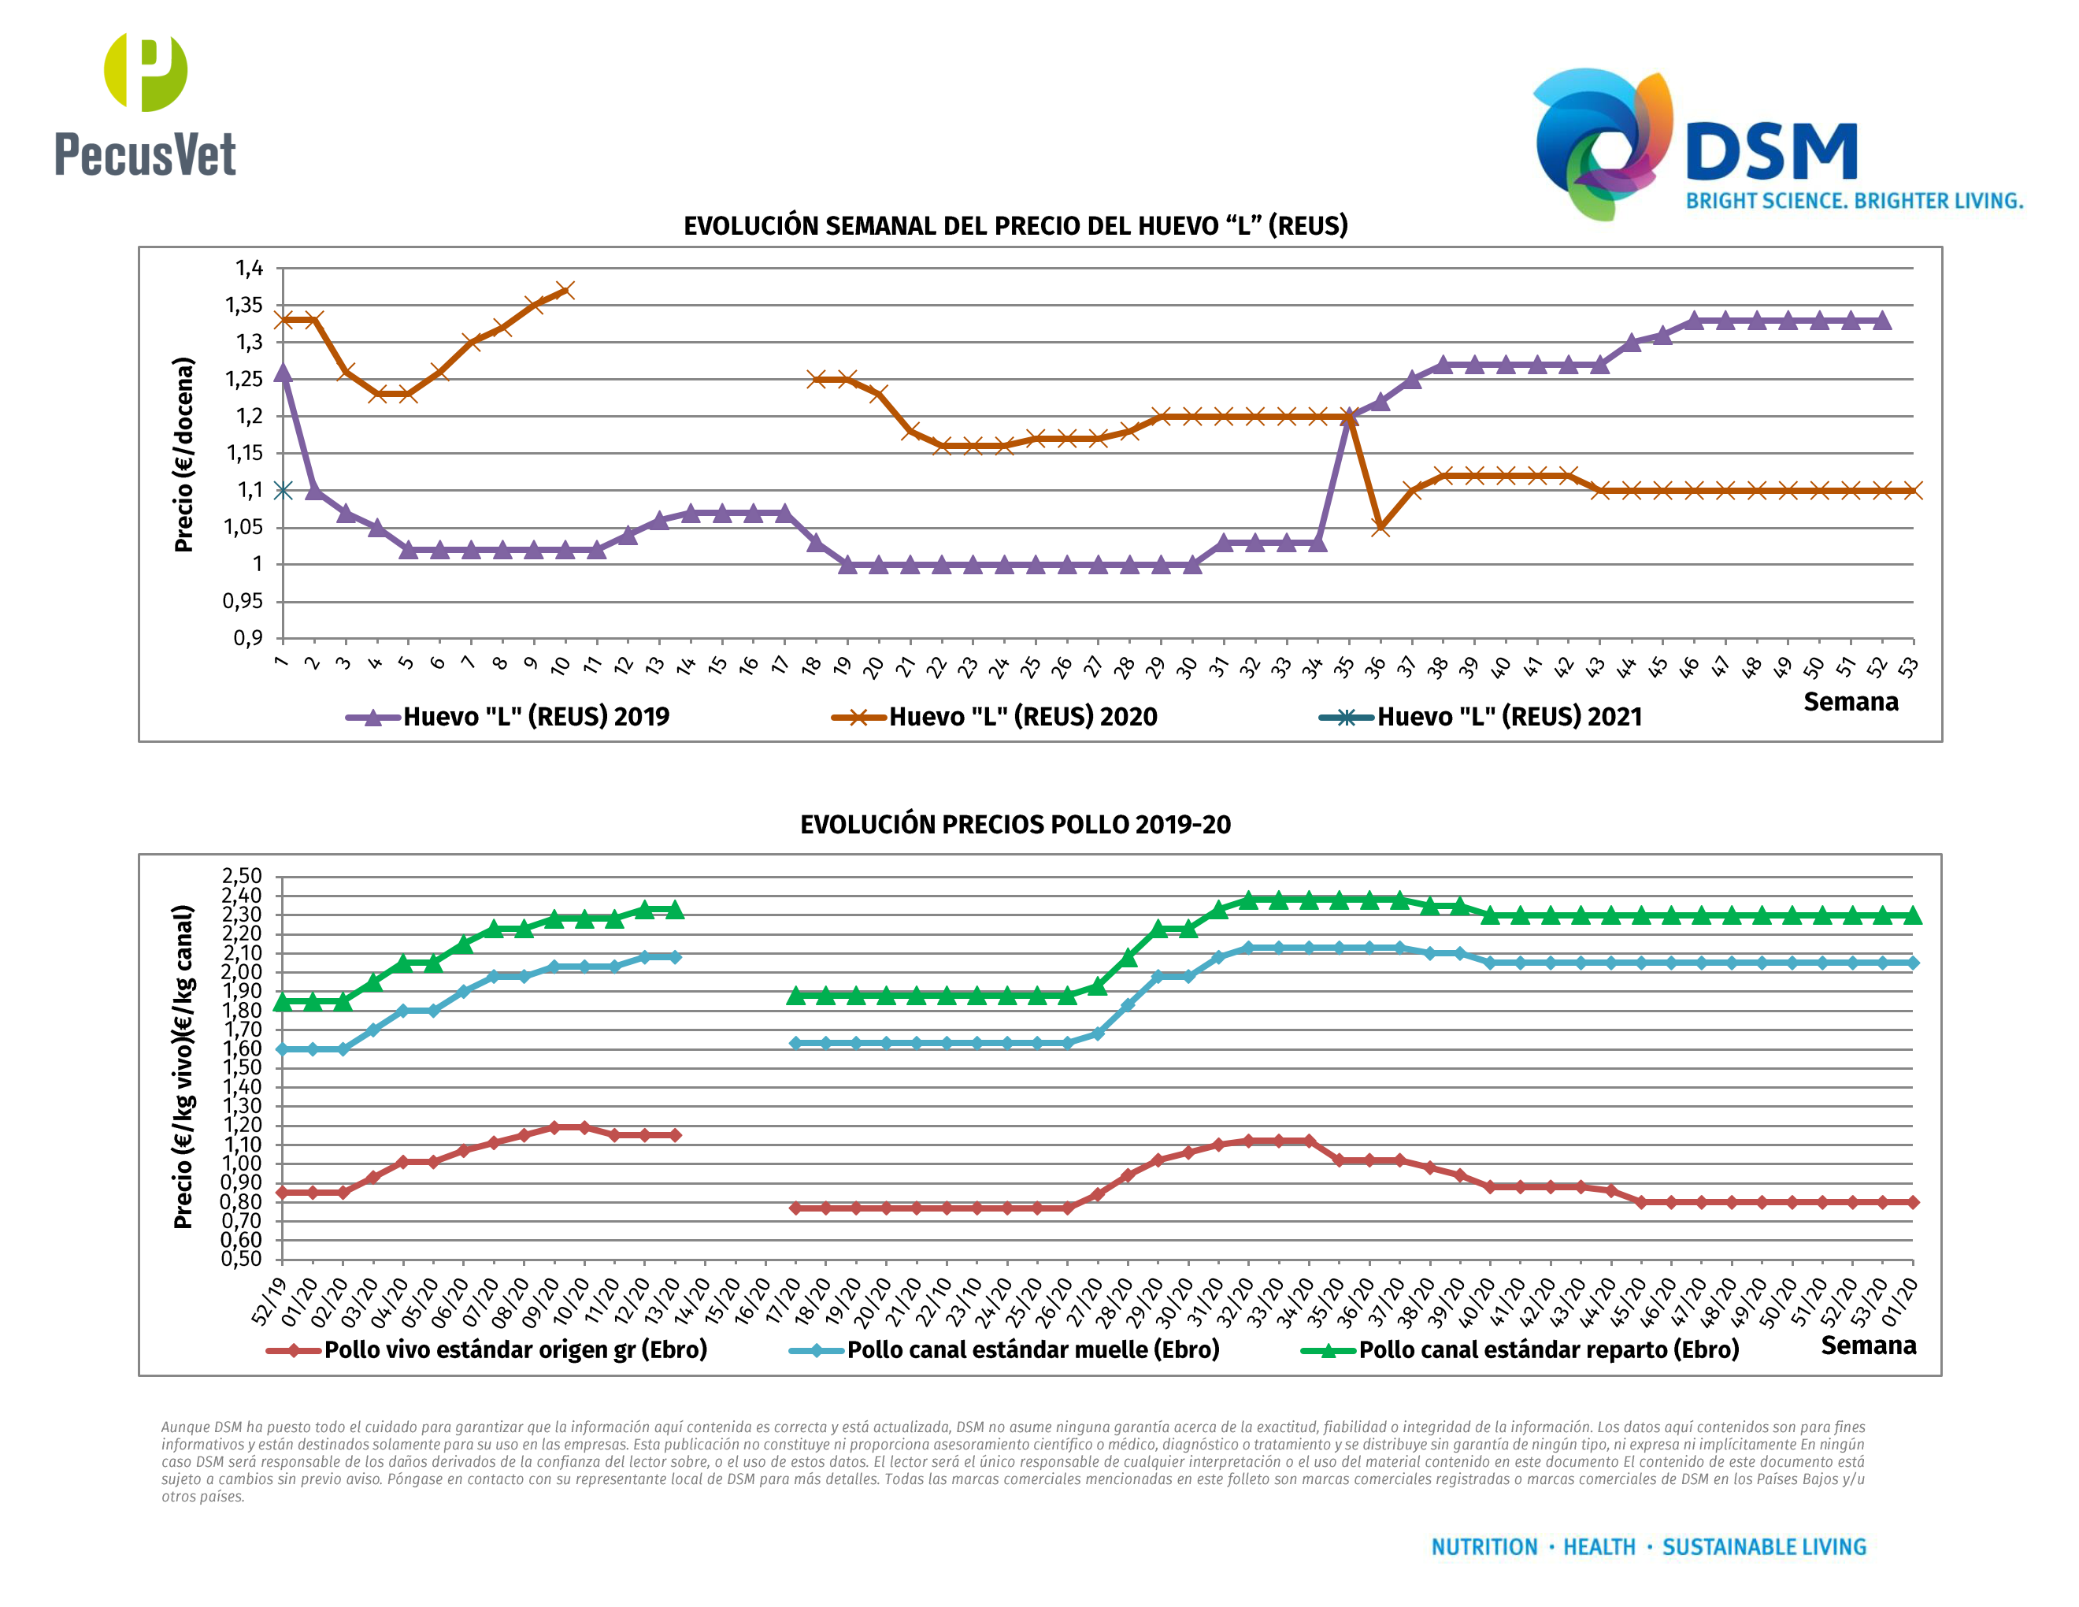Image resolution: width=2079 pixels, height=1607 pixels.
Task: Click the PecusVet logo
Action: click(145, 105)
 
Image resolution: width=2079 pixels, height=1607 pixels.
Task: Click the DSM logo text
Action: click(1770, 152)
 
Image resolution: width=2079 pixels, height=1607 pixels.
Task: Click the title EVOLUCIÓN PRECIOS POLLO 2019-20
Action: click(1015, 825)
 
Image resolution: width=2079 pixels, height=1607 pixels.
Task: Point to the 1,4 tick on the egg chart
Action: click(250, 269)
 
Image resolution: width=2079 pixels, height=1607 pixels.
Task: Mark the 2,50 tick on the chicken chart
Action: click(242, 876)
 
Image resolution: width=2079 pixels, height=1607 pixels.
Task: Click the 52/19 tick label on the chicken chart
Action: click(268, 1302)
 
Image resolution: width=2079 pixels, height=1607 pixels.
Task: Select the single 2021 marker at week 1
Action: click(283, 490)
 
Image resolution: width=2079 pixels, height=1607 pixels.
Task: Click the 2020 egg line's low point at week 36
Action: click(1380, 526)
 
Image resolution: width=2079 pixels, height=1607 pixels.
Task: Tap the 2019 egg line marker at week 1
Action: click(283, 373)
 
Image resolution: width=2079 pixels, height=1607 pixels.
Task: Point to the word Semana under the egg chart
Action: click(1850, 703)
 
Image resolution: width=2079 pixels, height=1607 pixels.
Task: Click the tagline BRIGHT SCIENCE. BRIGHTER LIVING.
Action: click(1854, 201)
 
